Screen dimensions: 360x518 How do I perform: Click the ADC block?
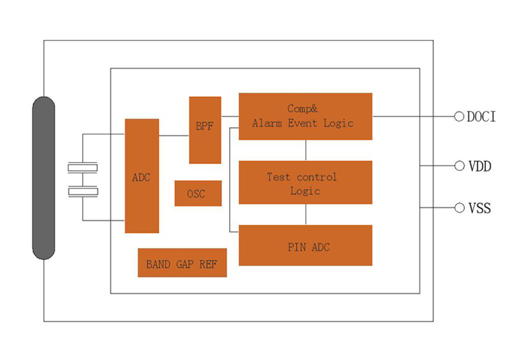click(x=141, y=176)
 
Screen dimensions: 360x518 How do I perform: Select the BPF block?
click(x=204, y=130)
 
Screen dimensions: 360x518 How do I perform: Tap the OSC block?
click(x=198, y=193)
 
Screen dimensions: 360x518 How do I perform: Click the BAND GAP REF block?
click(x=182, y=263)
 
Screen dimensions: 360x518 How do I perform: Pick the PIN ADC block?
click(x=305, y=245)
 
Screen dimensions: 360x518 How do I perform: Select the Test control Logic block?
click(x=305, y=182)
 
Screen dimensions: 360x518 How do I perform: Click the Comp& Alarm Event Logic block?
click(x=305, y=116)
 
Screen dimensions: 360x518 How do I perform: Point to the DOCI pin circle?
click(x=459, y=116)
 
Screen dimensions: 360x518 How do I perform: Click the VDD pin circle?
click(x=459, y=166)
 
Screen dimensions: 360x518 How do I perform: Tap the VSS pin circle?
click(x=459, y=208)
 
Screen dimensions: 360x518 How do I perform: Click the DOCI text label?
click(x=481, y=117)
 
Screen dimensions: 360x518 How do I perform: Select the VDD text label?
click(x=480, y=166)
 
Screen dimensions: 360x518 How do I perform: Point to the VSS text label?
click(x=480, y=209)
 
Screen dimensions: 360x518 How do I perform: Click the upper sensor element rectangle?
click(x=83, y=167)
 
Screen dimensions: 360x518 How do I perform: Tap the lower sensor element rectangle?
click(x=83, y=192)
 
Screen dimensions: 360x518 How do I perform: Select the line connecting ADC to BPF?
click(x=174, y=136)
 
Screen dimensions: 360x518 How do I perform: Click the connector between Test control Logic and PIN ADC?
click(x=306, y=214)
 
